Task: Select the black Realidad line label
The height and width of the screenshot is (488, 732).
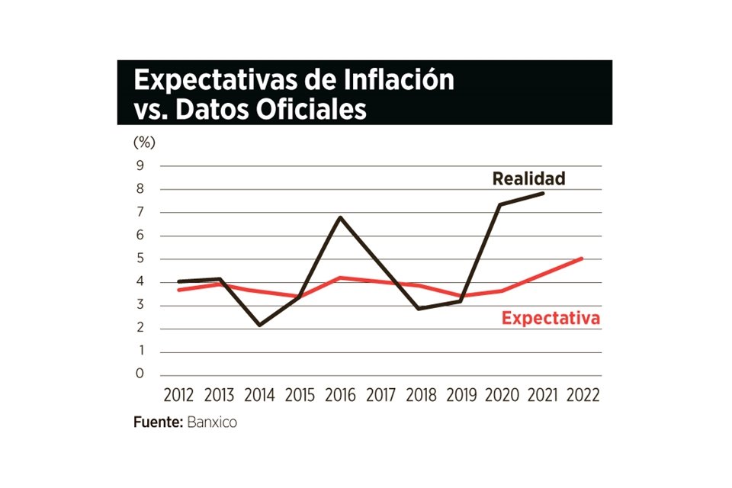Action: pyautogui.click(x=528, y=179)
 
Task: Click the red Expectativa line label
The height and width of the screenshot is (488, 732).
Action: pyautogui.click(x=551, y=317)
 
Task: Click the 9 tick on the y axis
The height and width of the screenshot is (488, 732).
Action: pyautogui.click(x=140, y=165)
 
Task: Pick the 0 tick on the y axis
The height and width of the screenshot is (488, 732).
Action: pyautogui.click(x=140, y=374)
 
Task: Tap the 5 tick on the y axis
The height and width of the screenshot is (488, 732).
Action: pyautogui.click(x=140, y=259)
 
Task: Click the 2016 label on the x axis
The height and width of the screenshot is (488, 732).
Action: pyautogui.click(x=341, y=396)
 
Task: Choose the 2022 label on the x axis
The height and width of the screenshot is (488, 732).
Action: pyautogui.click(x=583, y=396)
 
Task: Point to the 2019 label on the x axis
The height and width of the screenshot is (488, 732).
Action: pyautogui.click(x=462, y=396)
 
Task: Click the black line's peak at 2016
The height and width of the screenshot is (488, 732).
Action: pyautogui.click(x=341, y=217)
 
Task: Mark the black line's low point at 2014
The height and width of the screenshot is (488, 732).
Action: pyautogui.click(x=260, y=325)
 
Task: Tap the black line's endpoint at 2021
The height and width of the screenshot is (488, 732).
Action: pyautogui.click(x=543, y=193)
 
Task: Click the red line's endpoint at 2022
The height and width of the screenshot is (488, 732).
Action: pyautogui.click(x=583, y=258)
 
